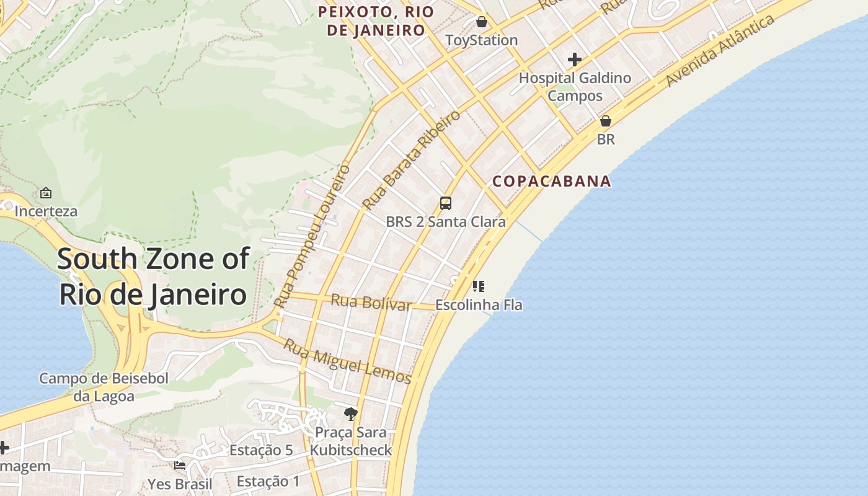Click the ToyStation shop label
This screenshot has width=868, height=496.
[482, 40]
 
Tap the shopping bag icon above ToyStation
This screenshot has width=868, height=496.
[482, 22]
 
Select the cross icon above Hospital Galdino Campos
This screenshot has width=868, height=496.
[575, 60]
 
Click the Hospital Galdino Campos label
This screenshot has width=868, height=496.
[575, 87]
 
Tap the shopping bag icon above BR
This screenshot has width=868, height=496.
[606, 121]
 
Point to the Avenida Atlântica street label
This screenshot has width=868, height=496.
[720, 51]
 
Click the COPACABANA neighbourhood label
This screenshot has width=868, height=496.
[552, 182]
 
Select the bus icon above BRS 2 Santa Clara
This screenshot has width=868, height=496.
[445, 203]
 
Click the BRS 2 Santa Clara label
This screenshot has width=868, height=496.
[445, 221]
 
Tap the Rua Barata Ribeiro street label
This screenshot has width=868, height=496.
[411, 160]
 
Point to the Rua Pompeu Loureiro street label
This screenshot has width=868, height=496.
[312, 236]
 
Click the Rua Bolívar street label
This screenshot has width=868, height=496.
[371, 303]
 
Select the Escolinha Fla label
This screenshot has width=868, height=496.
[479, 305]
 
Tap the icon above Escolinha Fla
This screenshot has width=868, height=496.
[478, 286]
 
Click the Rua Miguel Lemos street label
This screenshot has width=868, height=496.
[347, 361]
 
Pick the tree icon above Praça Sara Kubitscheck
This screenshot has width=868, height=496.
[351, 414]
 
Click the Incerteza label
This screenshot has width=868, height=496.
[46, 211]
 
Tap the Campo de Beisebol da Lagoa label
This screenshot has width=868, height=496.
[104, 387]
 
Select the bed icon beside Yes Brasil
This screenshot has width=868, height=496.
[180, 466]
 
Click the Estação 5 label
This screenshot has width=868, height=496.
[261, 451]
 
